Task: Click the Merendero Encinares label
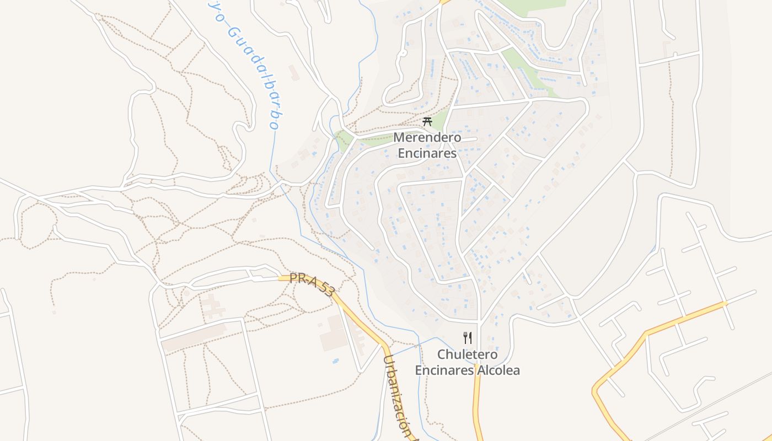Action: pyautogui.click(x=427, y=145)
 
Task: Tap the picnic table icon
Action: pyautogui.click(x=427, y=121)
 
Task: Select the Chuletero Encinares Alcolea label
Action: pyautogui.click(x=467, y=362)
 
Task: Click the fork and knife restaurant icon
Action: pyautogui.click(x=468, y=337)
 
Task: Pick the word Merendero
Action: pyautogui.click(x=427, y=137)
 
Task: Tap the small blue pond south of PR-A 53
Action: pyautogui.click(x=335, y=361)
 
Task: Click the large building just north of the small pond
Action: pyautogui.click(x=334, y=333)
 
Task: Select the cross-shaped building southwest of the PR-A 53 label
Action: pyautogui.click(x=212, y=306)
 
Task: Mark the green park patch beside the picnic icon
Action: pyautogui.click(x=343, y=141)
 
